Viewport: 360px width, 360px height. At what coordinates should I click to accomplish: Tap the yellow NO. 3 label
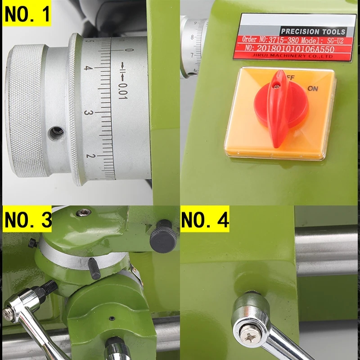(27, 220)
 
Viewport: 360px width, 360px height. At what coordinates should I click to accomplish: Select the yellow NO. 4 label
(205, 220)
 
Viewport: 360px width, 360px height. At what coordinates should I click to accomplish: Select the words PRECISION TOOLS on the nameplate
(313, 31)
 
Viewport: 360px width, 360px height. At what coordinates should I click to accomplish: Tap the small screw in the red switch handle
(278, 82)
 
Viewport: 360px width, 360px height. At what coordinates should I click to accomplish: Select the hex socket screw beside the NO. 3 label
(82, 212)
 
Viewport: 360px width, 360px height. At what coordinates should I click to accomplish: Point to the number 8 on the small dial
(193, 37)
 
